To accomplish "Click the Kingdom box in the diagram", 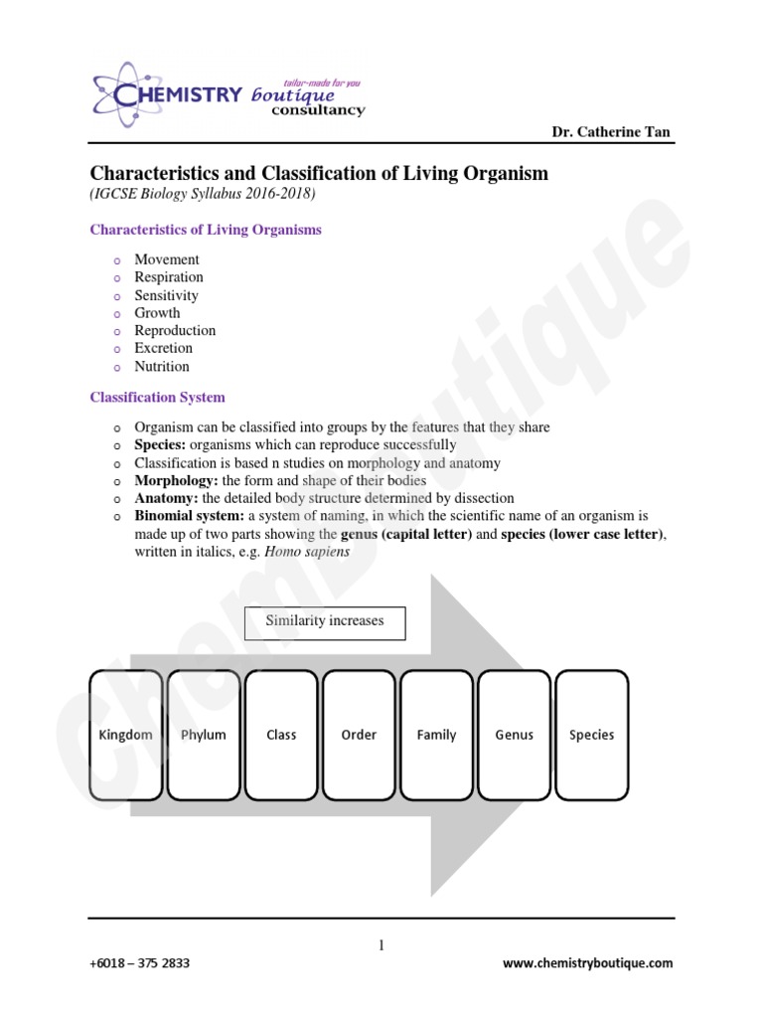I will click(125, 735).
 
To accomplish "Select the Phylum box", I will click(204, 735).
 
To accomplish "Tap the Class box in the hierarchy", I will click(281, 735).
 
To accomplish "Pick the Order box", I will click(359, 735).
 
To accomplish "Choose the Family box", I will click(436, 735).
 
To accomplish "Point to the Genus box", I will click(514, 735).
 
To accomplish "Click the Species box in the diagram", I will click(591, 735).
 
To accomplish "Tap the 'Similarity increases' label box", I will click(325, 622).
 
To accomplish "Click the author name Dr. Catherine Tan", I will click(611, 133).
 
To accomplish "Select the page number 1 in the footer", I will click(381, 946).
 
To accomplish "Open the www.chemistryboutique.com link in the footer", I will click(587, 963).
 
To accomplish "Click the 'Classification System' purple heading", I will click(157, 398).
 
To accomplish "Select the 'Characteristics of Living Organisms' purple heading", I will click(206, 230).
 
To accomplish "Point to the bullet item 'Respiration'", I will click(169, 277).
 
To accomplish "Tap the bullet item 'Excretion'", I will click(164, 349).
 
